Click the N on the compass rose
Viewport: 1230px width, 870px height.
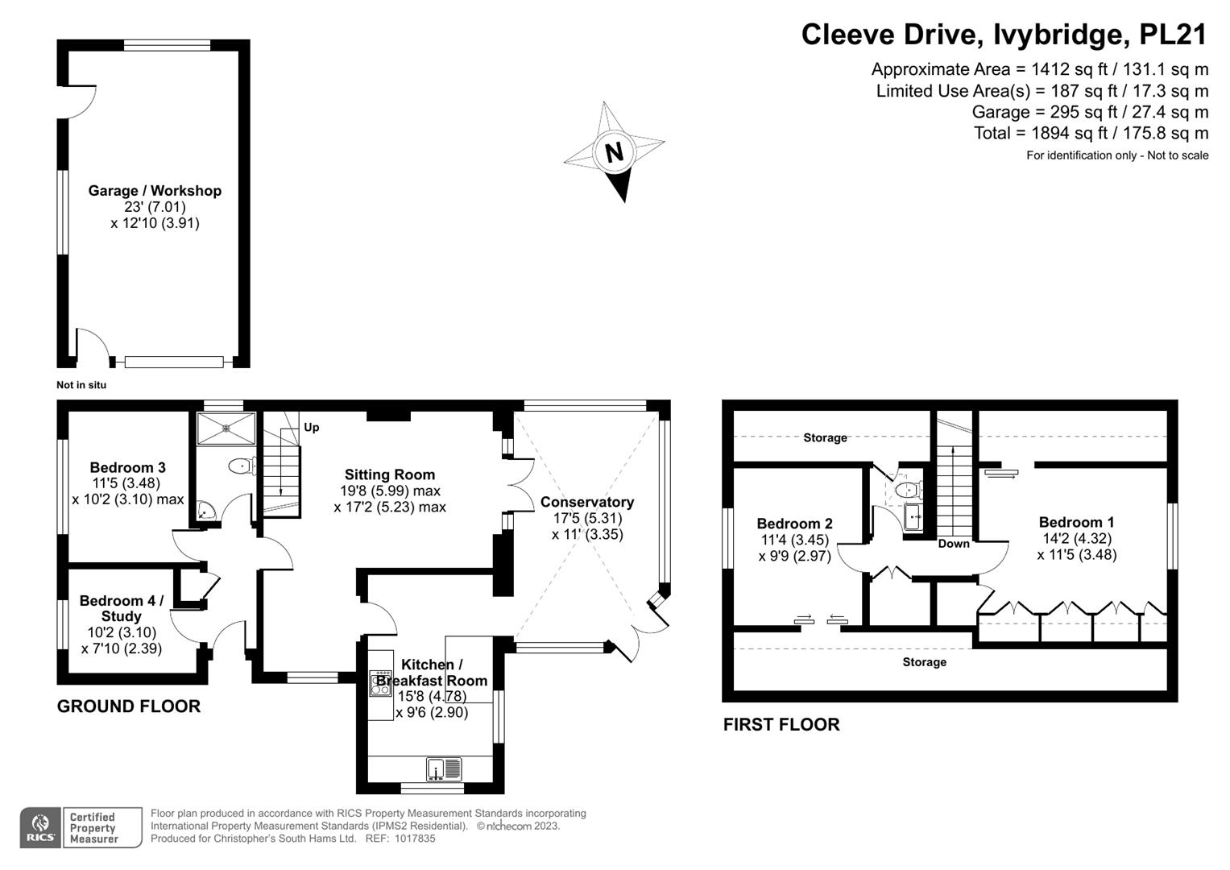click(615, 151)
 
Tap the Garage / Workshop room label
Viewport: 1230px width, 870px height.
click(155, 191)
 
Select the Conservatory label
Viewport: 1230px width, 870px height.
click(587, 502)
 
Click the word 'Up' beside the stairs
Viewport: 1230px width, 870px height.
click(311, 427)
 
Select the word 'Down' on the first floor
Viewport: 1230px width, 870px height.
click(954, 544)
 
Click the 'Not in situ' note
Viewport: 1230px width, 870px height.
click(81, 385)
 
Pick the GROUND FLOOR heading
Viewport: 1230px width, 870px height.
click(129, 706)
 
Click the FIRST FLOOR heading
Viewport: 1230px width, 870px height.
click(781, 724)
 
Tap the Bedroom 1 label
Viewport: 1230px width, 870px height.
click(1076, 522)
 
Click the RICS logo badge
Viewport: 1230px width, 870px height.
click(39, 827)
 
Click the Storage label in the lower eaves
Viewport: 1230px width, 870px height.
click(924, 662)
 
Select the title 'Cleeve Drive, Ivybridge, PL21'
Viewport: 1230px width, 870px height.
click(1004, 35)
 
